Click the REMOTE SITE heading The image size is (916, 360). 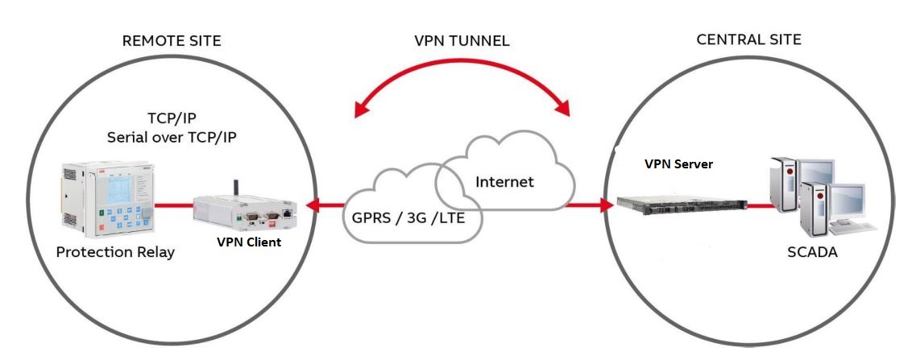tap(171, 40)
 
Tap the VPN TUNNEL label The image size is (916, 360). tap(462, 41)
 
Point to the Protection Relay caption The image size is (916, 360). tap(115, 252)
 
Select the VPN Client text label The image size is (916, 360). tap(248, 242)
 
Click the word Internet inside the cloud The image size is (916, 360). tap(504, 182)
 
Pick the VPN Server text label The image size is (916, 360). tap(678, 163)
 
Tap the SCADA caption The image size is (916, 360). tap(812, 252)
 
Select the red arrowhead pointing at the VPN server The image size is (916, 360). tap(605, 205)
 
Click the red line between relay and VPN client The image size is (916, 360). tap(172, 206)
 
